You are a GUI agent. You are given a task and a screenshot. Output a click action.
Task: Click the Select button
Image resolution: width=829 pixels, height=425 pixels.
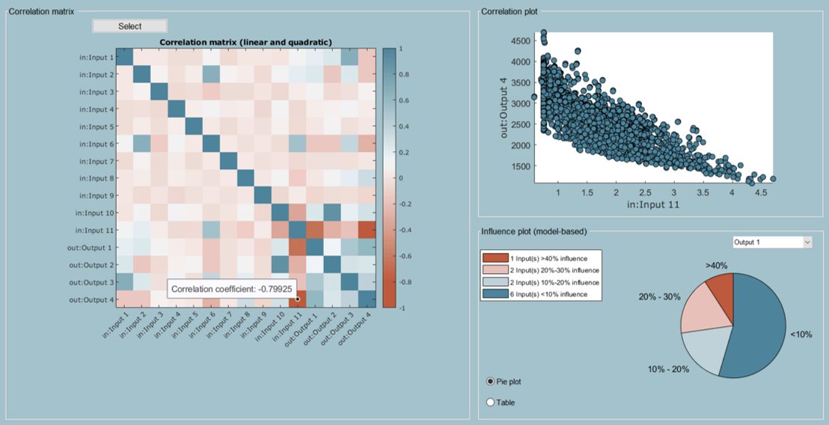129,26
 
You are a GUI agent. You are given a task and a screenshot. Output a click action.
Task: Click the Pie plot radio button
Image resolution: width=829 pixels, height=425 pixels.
491,382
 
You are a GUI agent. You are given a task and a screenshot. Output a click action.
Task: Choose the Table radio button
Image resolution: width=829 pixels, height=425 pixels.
491,403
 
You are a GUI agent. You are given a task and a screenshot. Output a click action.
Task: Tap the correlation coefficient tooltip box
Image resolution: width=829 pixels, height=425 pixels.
233,289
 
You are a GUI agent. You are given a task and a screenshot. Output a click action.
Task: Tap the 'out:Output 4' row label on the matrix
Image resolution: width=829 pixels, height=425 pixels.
92,299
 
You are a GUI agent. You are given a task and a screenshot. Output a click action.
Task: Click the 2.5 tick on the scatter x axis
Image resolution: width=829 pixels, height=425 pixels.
646,192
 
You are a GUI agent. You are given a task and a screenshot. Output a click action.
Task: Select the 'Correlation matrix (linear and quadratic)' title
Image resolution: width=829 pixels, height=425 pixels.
245,42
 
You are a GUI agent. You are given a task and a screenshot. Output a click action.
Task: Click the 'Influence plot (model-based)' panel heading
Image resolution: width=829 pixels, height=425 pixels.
533,231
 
